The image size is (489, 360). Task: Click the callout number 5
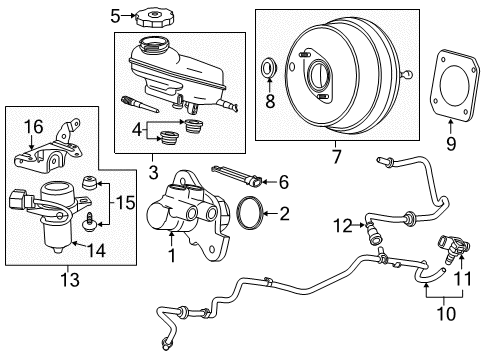coord(116,15)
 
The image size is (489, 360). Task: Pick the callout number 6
coord(283,182)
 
